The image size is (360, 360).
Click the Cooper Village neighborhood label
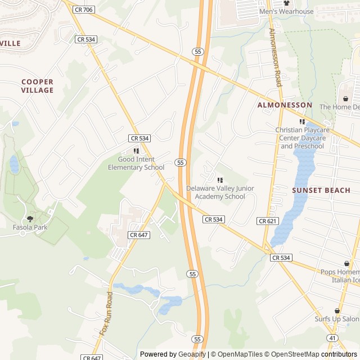38,86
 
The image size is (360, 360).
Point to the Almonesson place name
285,105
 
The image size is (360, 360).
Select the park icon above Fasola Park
30,219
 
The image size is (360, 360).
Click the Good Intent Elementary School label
136,163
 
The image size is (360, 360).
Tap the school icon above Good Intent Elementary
136,151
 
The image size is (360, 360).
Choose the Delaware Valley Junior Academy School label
220,192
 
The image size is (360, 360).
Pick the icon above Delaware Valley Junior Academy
219,180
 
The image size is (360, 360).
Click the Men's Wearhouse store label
286,11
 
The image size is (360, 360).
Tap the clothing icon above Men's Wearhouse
286,3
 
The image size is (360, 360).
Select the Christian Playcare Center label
301,138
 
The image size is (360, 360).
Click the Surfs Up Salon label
337,319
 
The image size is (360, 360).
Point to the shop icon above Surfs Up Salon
337,310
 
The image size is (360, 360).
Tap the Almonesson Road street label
275,56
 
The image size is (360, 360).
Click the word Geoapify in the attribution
192,354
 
